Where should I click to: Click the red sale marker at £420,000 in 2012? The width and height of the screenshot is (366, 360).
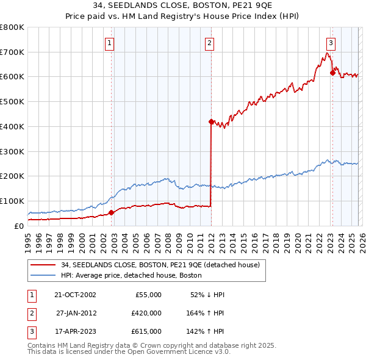210,121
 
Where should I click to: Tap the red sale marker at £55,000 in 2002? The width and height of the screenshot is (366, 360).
112,212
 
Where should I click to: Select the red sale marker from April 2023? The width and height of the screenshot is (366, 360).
332,73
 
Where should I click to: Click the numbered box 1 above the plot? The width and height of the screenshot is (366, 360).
109,43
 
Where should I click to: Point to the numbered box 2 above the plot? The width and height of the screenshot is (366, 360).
209,43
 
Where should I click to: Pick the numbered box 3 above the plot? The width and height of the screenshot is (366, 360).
331,43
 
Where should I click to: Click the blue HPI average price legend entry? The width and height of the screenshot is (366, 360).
135,275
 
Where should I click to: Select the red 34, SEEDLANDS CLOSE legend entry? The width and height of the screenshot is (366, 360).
160,265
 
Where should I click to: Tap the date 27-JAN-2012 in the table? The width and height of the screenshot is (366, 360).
76,313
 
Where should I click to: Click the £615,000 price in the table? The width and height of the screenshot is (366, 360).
146,331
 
